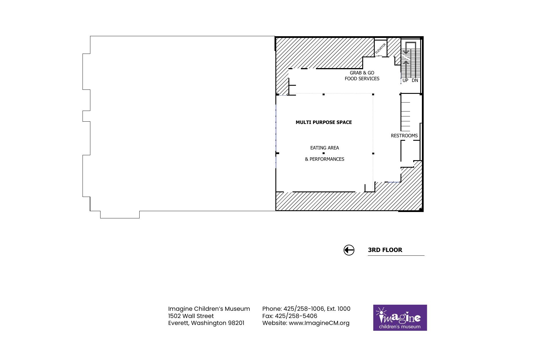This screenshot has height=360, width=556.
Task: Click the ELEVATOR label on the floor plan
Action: tap(381, 49)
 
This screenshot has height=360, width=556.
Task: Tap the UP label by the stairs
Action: tap(405, 80)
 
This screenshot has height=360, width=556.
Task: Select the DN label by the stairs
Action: tap(415, 80)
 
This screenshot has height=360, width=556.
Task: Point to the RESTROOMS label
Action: tap(404, 136)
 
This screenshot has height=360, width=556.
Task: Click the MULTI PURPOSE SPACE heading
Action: tap(324, 122)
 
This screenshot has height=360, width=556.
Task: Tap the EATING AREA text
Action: tap(325, 148)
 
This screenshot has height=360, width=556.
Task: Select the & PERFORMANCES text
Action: tap(325, 159)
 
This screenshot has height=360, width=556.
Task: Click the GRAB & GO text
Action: tap(362, 73)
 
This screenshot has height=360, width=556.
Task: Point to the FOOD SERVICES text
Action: tap(362, 78)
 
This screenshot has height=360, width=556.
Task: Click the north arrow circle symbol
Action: tap(349, 250)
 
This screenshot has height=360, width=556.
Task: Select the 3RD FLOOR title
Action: tap(385, 250)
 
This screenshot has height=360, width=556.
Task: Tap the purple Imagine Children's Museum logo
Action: tap(400, 317)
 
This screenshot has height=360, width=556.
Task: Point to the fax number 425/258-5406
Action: tap(296, 316)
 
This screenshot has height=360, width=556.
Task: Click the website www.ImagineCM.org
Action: tap(319, 323)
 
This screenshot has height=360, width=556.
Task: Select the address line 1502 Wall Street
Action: tap(191, 316)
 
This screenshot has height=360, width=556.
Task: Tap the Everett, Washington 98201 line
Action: tap(206, 323)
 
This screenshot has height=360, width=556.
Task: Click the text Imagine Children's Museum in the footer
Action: tap(209, 309)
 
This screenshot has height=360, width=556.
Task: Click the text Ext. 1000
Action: tap(339, 309)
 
